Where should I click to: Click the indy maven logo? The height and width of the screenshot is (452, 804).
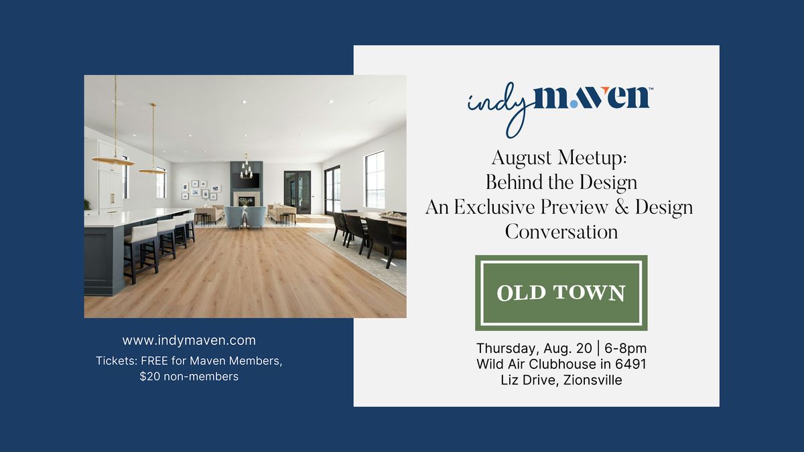[560, 108]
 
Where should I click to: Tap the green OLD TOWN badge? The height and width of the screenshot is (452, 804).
[561, 293]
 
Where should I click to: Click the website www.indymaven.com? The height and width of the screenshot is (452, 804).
[189, 340]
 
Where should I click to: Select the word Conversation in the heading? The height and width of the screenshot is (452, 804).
[561, 232]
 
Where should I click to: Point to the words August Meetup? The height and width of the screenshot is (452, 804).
[559, 158]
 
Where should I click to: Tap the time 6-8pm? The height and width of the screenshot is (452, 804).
[626, 348]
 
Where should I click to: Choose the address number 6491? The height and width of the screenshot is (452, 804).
[630, 364]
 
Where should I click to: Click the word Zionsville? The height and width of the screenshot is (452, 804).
[592, 380]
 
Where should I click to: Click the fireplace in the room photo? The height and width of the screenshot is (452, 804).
[247, 200]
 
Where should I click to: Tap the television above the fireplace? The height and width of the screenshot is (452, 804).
[247, 180]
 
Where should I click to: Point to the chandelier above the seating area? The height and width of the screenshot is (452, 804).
[246, 167]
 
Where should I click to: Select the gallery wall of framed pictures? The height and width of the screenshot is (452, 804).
[200, 190]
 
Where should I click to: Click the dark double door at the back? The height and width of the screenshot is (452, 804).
[297, 192]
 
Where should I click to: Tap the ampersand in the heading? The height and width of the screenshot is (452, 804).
[621, 208]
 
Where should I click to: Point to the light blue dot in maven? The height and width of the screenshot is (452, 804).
[574, 104]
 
